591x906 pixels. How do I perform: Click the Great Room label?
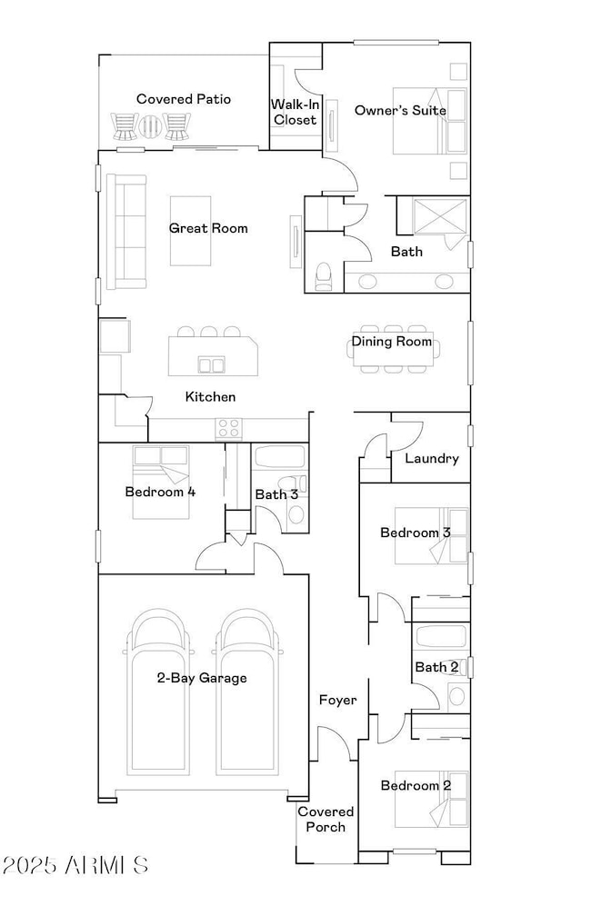tap(208, 228)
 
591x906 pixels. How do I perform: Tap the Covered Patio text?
tap(184, 99)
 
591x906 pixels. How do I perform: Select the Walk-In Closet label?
tap(295, 112)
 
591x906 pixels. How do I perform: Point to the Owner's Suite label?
tap(400, 110)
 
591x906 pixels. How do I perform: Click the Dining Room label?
tap(392, 342)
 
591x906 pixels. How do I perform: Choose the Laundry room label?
tap(431, 459)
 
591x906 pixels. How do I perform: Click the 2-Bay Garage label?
tap(202, 678)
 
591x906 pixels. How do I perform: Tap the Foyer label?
tap(337, 701)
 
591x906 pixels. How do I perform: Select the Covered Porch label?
tap(326, 820)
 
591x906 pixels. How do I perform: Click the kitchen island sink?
tap(211, 364)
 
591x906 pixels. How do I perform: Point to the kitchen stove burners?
tap(228, 428)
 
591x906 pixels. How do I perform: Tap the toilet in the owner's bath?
tap(324, 276)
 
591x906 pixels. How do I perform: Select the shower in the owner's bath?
tap(440, 216)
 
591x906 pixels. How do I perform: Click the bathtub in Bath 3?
tap(279, 457)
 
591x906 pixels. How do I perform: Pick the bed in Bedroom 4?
tap(160, 482)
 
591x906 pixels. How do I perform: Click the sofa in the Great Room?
tap(126, 232)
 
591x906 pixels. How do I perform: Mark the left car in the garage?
tap(156, 691)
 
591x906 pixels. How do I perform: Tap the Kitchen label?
tap(211, 397)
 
